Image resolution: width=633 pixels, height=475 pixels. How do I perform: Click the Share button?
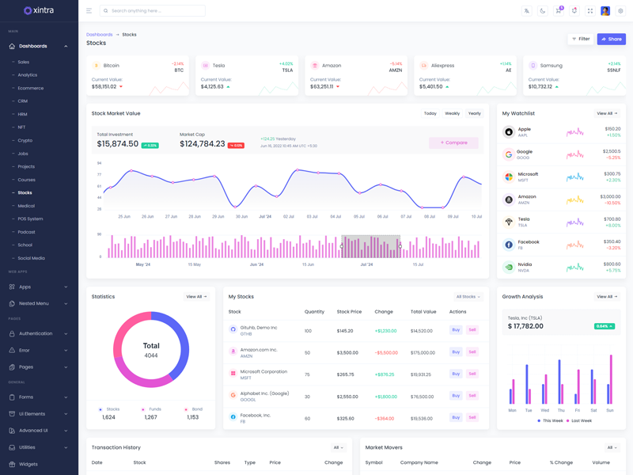pos(611,39)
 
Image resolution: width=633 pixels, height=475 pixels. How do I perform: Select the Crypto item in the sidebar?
pos(25,140)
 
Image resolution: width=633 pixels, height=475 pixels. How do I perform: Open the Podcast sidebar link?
pos(27,232)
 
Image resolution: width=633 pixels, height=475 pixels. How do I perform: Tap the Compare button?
pos(453,142)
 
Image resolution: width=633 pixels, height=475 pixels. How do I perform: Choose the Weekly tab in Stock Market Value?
pos(452,113)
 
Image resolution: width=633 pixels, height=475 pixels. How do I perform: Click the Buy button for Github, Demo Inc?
pos(456,330)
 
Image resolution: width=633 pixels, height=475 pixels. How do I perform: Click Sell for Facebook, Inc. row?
pos(472,417)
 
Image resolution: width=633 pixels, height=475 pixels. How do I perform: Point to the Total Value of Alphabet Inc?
pos(422,397)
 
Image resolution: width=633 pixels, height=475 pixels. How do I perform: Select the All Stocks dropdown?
pos(468,297)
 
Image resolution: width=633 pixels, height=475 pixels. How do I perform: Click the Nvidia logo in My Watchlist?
pos(509,268)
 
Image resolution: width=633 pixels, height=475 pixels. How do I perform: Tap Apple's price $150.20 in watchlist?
pos(612,128)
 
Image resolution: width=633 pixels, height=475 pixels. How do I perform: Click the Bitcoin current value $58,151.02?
pos(104,86)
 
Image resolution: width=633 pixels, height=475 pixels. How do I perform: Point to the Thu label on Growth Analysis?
pos(561,410)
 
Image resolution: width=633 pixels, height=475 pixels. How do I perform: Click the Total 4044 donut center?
pos(151,349)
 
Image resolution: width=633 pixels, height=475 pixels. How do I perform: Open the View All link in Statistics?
pos(196,297)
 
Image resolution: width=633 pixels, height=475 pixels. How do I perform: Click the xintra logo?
pos(39,10)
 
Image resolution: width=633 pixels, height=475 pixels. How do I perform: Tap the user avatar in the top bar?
pos(605,11)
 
